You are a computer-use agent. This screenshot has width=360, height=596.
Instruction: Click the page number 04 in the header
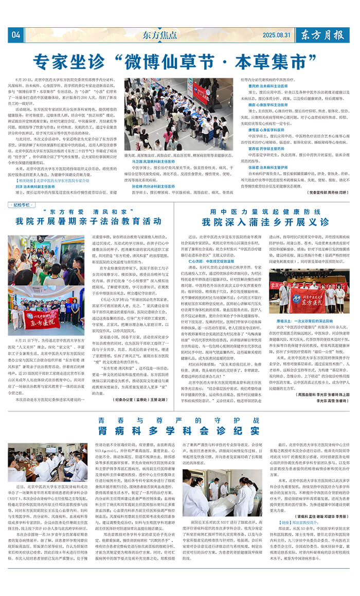(15, 35)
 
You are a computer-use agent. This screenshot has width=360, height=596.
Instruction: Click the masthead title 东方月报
(322, 35)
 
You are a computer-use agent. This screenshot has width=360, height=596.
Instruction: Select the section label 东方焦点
(159, 35)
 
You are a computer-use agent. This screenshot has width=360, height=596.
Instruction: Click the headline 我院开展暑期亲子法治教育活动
(87, 222)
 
